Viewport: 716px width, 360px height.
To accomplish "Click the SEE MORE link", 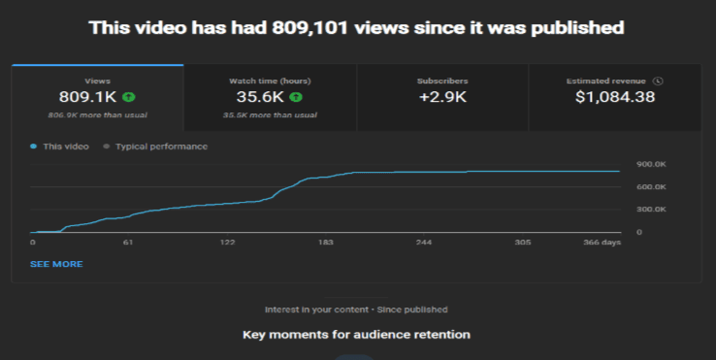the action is [56, 264].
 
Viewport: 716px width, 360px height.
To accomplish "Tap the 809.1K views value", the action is [87, 97].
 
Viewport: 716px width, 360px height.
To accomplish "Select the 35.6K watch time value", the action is [260, 97].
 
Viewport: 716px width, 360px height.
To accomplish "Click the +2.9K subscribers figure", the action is [442, 97].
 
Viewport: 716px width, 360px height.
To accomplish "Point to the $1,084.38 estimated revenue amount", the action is [615, 97].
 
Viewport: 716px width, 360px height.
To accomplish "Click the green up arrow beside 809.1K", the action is [129, 97].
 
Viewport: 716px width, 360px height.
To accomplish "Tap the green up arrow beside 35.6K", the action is [296, 97].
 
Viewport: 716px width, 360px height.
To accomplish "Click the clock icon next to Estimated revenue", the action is [658, 81].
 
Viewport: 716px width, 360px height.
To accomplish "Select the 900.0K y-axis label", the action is [651, 164].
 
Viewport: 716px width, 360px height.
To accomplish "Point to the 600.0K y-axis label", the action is [651, 187].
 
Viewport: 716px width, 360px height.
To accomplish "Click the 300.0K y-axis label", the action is [651, 210].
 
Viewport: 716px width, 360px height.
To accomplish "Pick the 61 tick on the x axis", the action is [128, 243].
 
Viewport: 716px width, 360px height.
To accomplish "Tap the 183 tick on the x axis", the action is [326, 243].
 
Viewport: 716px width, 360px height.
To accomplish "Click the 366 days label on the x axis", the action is [602, 243].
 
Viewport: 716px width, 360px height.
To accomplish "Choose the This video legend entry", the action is [60, 147].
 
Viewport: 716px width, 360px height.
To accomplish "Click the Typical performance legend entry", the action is [155, 147].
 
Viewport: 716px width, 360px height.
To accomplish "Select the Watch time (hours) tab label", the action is [270, 81].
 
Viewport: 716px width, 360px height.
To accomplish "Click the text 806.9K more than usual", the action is [98, 115].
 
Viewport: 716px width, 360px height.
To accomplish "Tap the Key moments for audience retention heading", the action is [356, 335].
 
